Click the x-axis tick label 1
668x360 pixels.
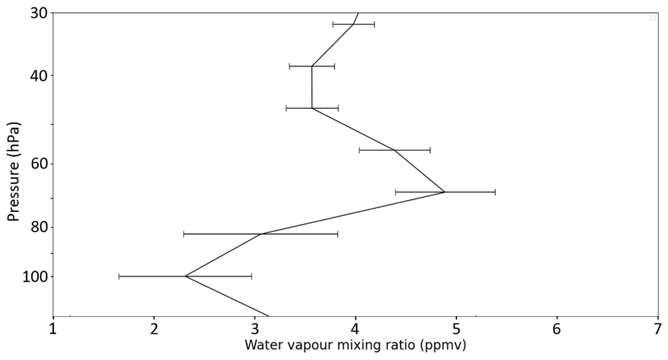[x=53, y=329]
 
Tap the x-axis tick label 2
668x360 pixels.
[x=154, y=329]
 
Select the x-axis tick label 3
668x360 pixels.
[x=255, y=329]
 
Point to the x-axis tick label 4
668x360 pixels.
[x=355, y=329]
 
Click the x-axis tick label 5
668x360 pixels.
[x=456, y=329]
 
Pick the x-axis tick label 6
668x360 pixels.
[x=557, y=329]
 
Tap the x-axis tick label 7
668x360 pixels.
[x=658, y=329]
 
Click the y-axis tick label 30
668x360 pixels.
[x=38, y=13]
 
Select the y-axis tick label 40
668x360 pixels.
[x=38, y=76]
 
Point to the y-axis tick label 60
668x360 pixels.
[x=38, y=163]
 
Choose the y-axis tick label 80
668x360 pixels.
[x=38, y=227]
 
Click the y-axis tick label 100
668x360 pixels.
[x=34, y=276]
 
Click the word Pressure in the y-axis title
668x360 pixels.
[x=14, y=190]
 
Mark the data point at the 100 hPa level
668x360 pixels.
[x=185, y=276]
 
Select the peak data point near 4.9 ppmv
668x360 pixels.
[x=445, y=192]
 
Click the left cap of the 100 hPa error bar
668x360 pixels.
[x=119, y=276]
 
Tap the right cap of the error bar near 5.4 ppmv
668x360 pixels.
[x=495, y=192]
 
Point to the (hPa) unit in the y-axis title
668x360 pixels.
[x=14, y=139]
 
